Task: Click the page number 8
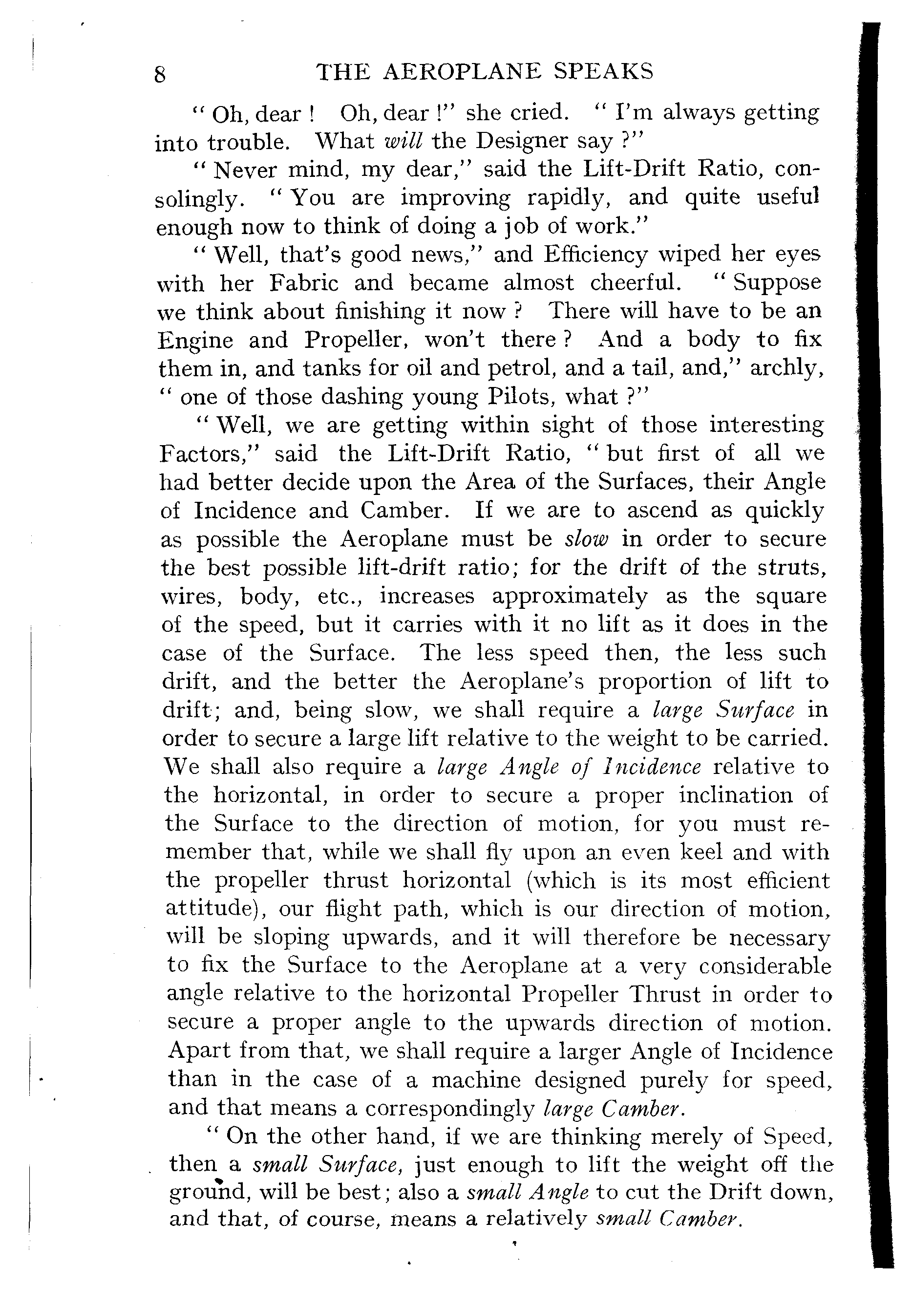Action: [x=160, y=75]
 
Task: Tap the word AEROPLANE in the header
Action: [x=462, y=72]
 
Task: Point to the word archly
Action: [x=786, y=368]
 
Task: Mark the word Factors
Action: [x=209, y=454]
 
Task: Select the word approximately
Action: [x=569, y=597]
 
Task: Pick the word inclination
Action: [x=735, y=795]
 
